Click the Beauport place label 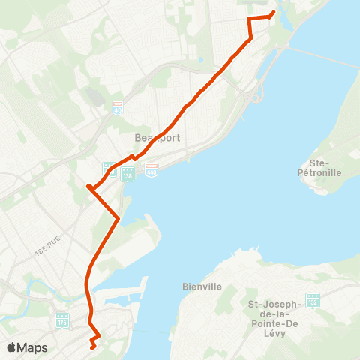click(x=153, y=138)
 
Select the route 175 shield click(x=61, y=321)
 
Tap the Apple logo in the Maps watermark click(x=12, y=347)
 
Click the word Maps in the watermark click(x=34, y=347)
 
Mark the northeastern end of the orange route click(x=272, y=12)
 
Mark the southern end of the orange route click(x=91, y=347)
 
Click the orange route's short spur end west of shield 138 click(x=88, y=185)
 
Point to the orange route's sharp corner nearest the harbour click(x=118, y=218)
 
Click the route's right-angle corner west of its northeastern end click(x=249, y=17)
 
